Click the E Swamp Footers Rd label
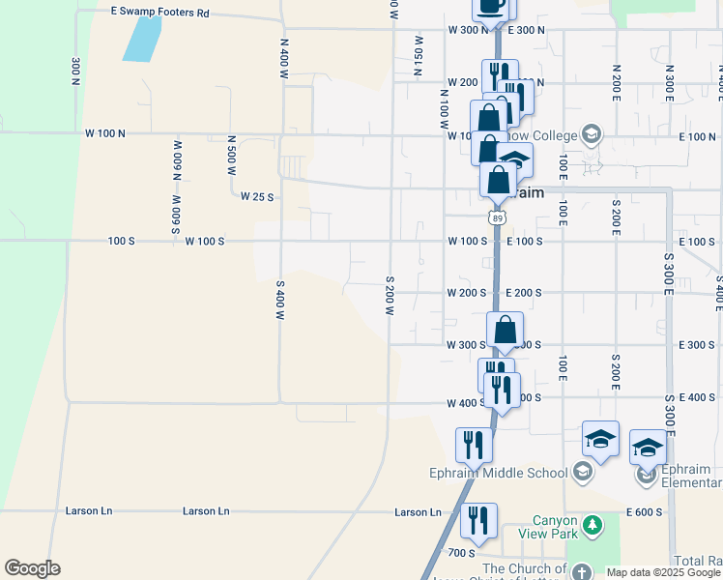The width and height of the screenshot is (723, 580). pyautogui.click(x=160, y=13)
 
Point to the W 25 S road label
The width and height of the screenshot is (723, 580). pyautogui.click(x=258, y=196)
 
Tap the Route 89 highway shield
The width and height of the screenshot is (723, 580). pyautogui.click(x=497, y=219)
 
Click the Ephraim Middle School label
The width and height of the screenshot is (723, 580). pyautogui.click(x=501, y=473)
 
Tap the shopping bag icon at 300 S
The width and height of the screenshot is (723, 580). pyautogui.click(x=506, y=331)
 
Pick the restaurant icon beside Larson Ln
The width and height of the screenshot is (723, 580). pyautogui.click(x=478, y=520)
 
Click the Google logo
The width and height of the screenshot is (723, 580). pyautogui.click(x=32, y=568)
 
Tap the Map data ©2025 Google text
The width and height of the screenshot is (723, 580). pyautogui.click(x=662, y=572)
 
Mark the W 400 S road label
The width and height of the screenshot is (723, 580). pyautogui.click(x=466, y=403)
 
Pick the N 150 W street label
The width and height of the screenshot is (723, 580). pyautogui.click(x=419, y=57)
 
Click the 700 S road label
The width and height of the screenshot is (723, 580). pyautogui.click(x=462, y=553)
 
